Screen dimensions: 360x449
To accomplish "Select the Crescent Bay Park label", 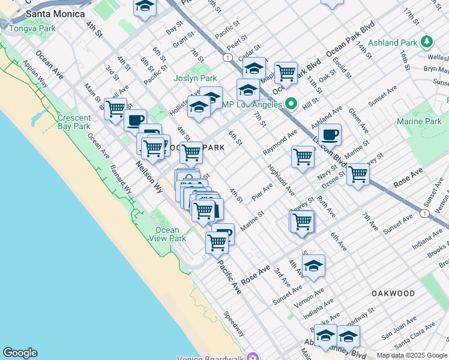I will point(74,122).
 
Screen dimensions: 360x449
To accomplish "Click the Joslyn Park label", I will point(195,79).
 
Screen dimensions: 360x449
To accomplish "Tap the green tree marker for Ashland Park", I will point(427,41).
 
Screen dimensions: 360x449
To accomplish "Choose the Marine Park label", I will point(418,122).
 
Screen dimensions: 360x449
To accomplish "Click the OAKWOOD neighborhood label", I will point(393,293).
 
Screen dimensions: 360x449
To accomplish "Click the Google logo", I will point(20,353).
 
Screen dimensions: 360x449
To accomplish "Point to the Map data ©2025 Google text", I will point(412,355).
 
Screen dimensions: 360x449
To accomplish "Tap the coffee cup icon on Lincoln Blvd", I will point(330,134).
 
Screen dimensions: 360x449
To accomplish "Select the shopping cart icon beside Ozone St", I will point(358,175).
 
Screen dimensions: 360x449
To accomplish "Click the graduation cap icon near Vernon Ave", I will point(313,266).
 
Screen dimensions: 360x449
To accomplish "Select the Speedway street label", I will point(234,324).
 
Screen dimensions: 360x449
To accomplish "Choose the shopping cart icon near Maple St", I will point(286,73).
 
